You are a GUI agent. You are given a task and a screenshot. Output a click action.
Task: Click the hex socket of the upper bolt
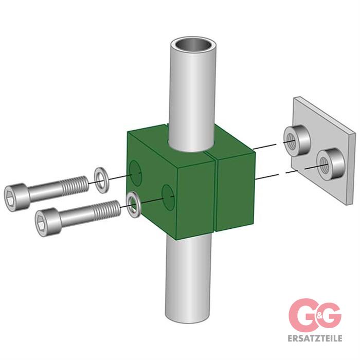[x=10, y=197]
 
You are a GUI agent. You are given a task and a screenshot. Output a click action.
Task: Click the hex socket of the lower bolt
[x=41, y=222]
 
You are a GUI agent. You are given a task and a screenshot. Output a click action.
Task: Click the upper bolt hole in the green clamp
[x=135, y=173]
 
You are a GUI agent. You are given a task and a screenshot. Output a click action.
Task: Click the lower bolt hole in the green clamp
[x=168, y=197]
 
